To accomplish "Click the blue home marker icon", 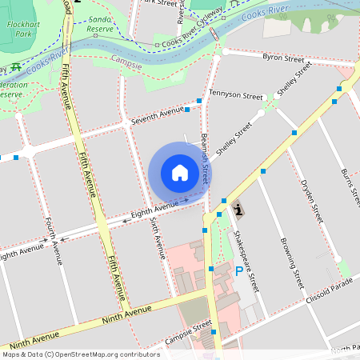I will coord(180,172).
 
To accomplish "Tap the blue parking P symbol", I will coord(238,272).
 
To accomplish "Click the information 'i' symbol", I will coord(238,210).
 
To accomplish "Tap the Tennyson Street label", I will coord(235,94).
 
